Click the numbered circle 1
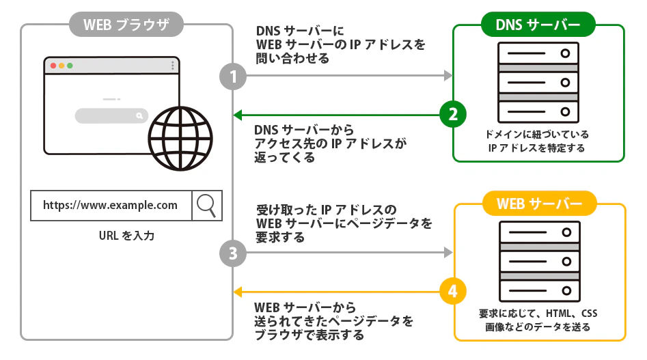tap(232, 76)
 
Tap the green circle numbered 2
tap(452, 113)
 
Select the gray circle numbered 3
tap(232, 254)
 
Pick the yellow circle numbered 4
tap(452, 292)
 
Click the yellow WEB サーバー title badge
tap(539, 204)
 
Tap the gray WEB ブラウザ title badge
tap(127, 26)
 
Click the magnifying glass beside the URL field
tap(207, 204)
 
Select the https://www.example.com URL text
tap(110, 205)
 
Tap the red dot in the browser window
tap(53, 66)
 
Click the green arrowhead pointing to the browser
tap(238, 114)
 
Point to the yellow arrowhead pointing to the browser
tap(238, 292)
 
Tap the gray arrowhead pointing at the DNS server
tap(448, 76)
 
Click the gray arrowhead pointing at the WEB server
tap(448, 253)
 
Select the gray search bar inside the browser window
tap(111, 116)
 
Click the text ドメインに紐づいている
tap(538, 135)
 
